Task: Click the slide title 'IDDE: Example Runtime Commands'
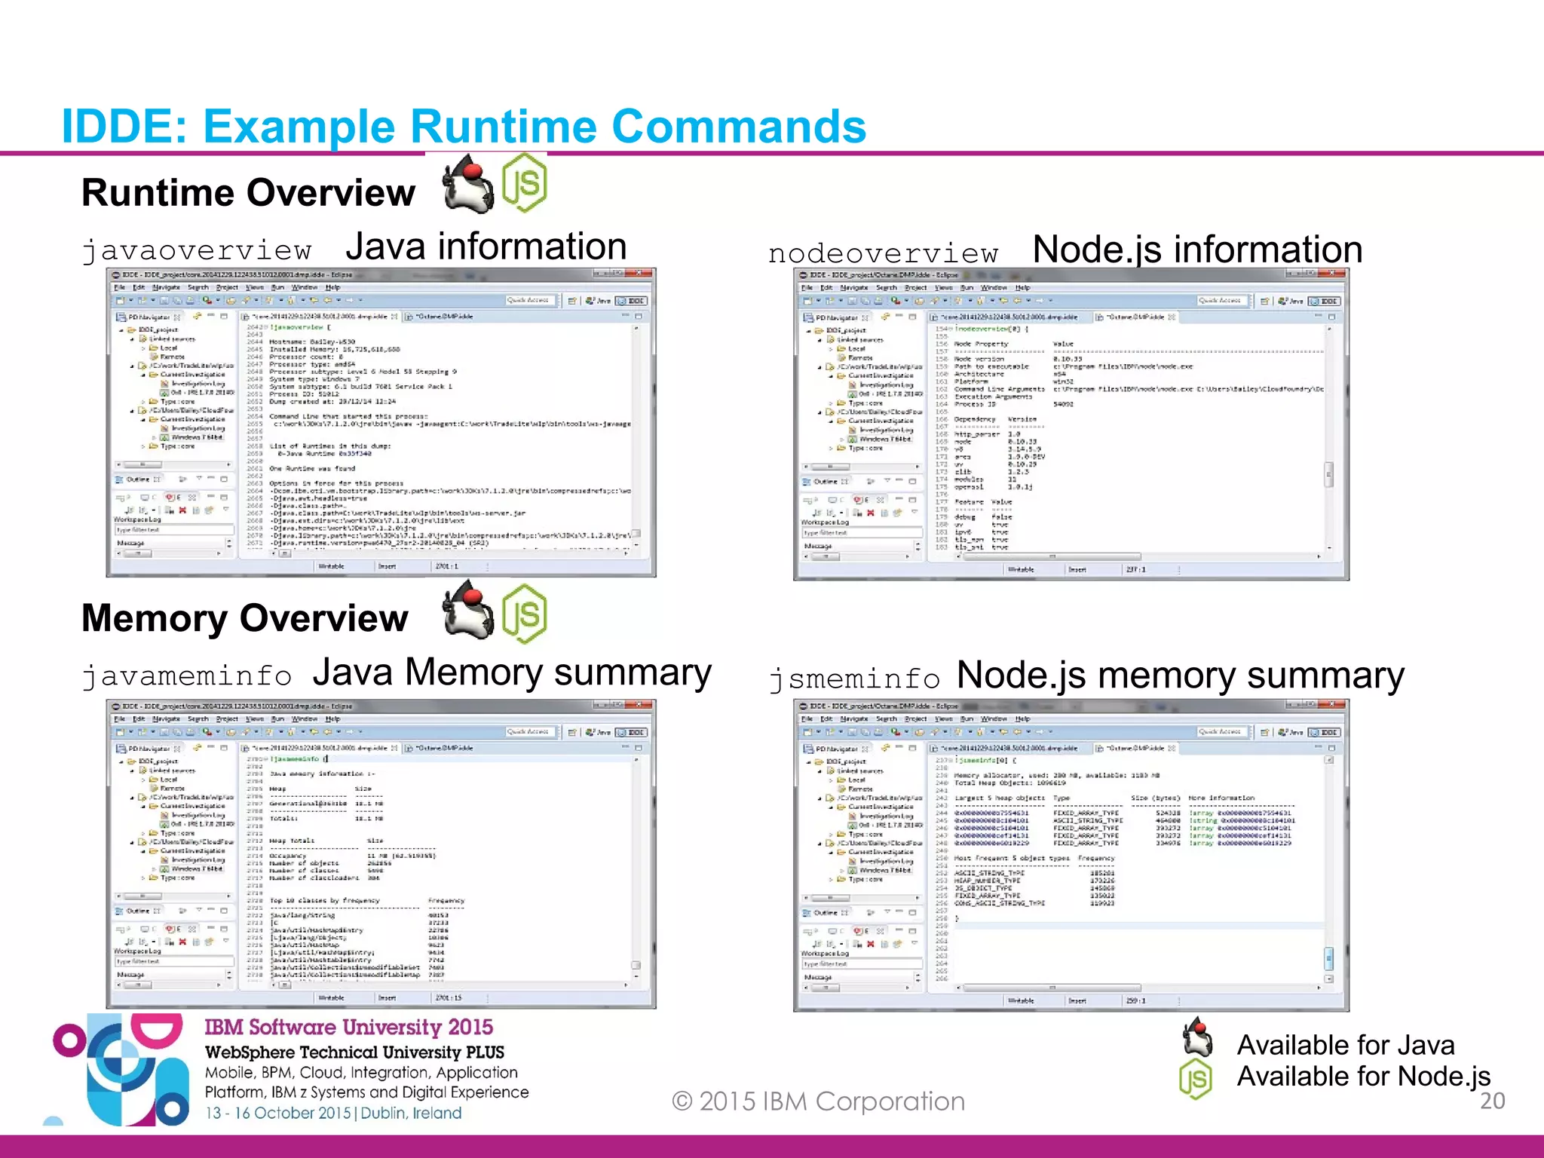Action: (x=464, y=126)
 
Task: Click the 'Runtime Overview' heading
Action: (x=248, y=193)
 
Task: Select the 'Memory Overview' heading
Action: (x=244, y=618)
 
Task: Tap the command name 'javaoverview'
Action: (x=197, y=250)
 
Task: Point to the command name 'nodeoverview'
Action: (x=883, y=254)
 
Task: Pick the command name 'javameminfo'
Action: (x=186, y=675)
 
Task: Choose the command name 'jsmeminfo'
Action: (x=854, y=679)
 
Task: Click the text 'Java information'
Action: (x=486, y=247)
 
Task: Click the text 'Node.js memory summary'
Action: (x=1180, y=675)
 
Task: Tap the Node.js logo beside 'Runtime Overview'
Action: (x=525, y=182)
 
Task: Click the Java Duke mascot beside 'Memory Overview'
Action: (x=468, y=612)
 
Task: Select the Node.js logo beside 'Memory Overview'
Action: (x=525, y=614)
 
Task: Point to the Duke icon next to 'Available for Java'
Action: (x=1197, y=1039)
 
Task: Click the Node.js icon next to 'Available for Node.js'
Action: (x=1196, y=1079)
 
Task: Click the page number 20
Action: (x=1492, y=1101)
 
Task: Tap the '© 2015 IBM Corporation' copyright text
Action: (x=818, y=1101)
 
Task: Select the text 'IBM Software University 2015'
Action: (x=348, y=1027)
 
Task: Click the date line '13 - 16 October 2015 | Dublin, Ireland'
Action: (x=333, y=1113)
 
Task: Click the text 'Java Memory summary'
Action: (x=512, y=672)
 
